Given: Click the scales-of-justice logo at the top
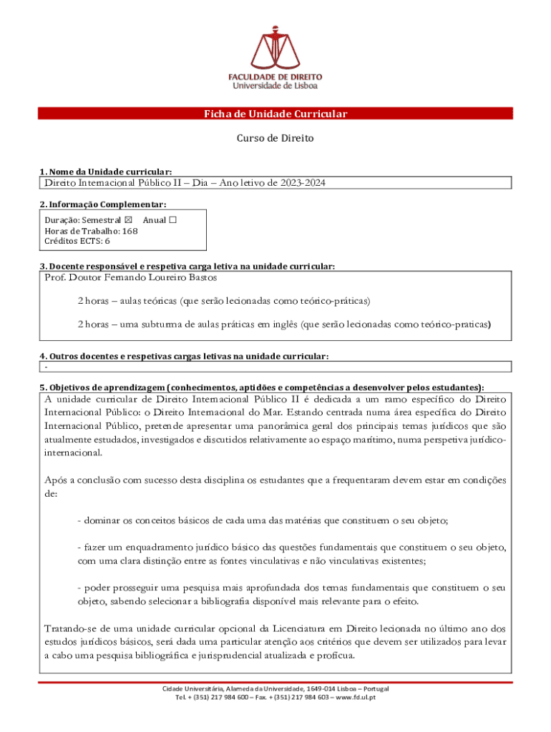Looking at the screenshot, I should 275,46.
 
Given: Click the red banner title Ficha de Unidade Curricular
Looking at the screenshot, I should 275,114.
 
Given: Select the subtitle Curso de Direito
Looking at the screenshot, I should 275,138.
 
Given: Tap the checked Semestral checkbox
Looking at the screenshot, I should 129,220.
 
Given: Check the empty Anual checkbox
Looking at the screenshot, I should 172,220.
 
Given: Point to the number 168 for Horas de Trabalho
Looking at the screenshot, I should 130,231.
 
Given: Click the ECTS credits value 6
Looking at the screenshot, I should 107,242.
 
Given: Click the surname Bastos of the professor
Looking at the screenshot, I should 203,277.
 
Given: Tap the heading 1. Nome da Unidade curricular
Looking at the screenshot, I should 105,172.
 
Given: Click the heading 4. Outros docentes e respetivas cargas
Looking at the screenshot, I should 184,356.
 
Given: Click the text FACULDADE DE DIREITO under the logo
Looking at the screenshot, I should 275,76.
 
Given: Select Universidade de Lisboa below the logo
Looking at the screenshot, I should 275,85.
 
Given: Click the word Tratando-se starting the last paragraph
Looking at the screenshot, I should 69,629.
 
